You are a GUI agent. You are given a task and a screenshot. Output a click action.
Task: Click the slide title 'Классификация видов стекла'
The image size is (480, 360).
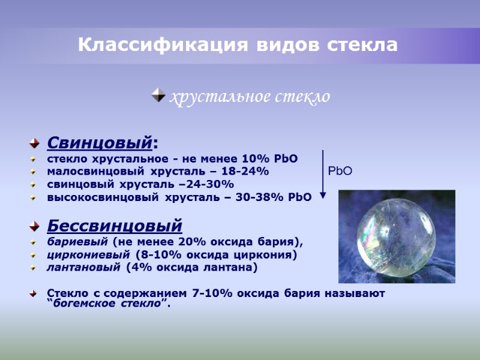[x=238, y=45]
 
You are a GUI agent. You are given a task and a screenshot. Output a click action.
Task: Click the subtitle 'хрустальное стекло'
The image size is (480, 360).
[x=250, y=96]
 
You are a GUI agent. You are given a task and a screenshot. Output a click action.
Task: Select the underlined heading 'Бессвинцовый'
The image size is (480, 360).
[x=114, y=226]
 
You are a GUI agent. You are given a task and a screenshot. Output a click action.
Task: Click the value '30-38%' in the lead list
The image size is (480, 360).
[x=265, y=197]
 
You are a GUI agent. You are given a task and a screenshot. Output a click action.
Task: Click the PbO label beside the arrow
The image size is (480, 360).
[x=340, y=172]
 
